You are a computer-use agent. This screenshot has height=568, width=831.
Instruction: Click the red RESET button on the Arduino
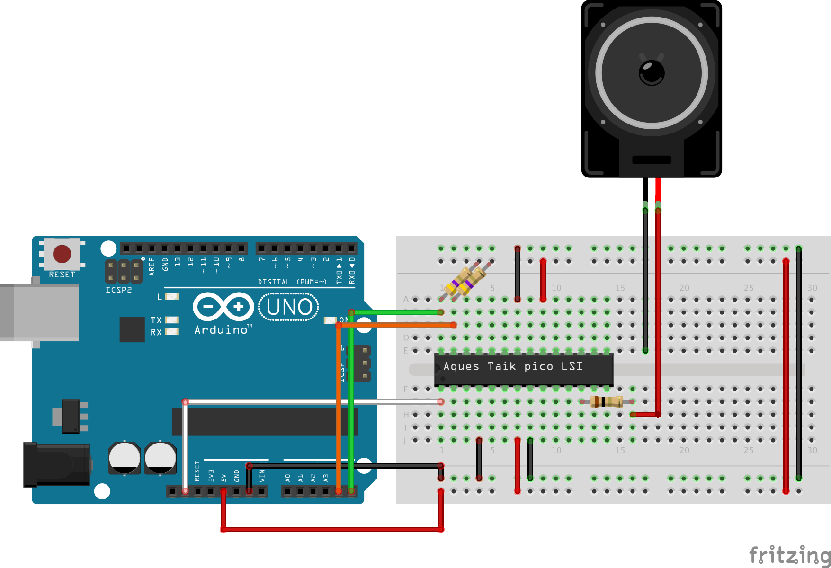coord(62,254)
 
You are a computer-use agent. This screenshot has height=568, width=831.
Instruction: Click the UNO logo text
coord(289,307)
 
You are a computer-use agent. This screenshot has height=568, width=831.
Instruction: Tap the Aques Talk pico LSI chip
coord(523,369)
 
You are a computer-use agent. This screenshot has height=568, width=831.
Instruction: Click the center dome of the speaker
coord(652,73)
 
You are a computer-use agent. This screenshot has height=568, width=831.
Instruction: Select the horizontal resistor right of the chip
coord(606,401)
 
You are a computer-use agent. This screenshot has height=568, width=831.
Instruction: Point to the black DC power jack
coord(57,464)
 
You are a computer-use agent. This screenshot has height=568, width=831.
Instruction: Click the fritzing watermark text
coord(789,555)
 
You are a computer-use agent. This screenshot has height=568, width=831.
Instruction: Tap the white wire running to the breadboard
coord(313,402)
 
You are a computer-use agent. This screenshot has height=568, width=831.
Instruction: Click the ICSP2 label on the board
coord(118,290)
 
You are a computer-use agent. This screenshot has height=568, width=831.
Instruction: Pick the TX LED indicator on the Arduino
coord(171,320)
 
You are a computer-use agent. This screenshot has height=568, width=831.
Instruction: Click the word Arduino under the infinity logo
coord(221,330)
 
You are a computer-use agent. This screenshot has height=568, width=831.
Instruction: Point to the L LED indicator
coord(171,297)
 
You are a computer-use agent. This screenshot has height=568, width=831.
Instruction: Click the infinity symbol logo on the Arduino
coord(223,307)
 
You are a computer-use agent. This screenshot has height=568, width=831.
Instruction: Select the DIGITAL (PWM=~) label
coord(292,282)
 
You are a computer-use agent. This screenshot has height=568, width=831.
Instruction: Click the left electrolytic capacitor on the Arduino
coord(124,458)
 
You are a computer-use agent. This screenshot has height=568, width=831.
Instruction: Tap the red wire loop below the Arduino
coord(331,530)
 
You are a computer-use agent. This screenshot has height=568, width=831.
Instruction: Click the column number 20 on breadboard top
coord(684,288)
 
